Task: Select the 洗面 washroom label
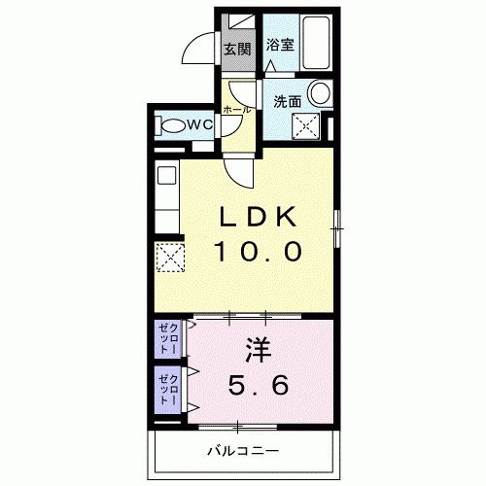(x=286, y=100)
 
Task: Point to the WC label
(x=199, y=124)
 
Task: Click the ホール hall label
(x=237, y=109)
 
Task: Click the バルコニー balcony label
(x=243, y=451)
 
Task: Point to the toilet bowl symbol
(x=172, y=125)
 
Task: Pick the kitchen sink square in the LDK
(x=164, y=177)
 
